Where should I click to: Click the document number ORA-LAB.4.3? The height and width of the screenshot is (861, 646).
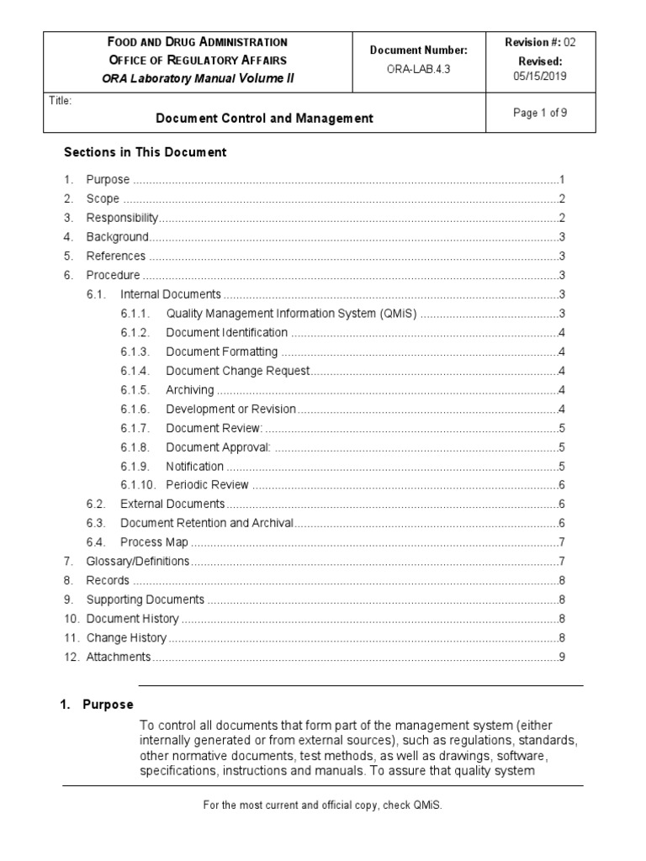pyautogui.click(x=419, y=70)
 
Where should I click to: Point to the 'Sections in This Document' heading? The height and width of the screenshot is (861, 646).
pyautogui.click(x=146, y=152)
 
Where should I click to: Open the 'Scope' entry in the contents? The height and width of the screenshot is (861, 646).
pyautogui.click(x=103, y=199)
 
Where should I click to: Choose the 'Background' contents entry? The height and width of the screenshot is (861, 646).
pyautogui.click(x=117, y=237)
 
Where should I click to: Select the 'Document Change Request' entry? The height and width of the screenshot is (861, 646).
pyautogui.click(x=238, y=371)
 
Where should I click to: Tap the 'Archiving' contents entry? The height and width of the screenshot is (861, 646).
pyautogui.click(x=189, y=390)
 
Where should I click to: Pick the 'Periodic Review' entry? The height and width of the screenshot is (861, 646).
pyautogui.click(x=207, y=485)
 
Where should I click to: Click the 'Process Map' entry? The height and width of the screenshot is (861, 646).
pyautogui.click(x=154, y=542)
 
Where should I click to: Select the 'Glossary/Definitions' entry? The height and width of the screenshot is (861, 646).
pyautogui.click(x=138, y=561)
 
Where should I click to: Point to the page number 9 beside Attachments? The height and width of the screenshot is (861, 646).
pyautogui.click(x=561, y=657)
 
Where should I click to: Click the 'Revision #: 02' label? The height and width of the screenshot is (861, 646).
pyautogui.click(x=537, y=42)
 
